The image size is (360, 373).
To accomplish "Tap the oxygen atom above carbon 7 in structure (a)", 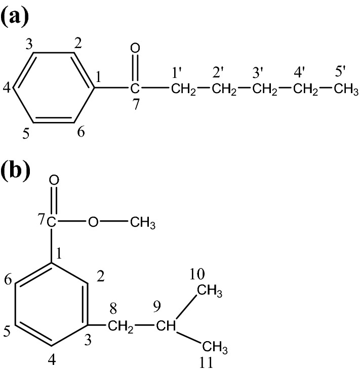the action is click(135, 49).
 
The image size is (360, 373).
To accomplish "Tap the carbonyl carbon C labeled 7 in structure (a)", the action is click(134, 90).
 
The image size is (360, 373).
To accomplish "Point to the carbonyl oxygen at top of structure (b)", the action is click(54, 180).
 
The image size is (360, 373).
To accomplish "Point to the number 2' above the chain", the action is click(219, 73).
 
